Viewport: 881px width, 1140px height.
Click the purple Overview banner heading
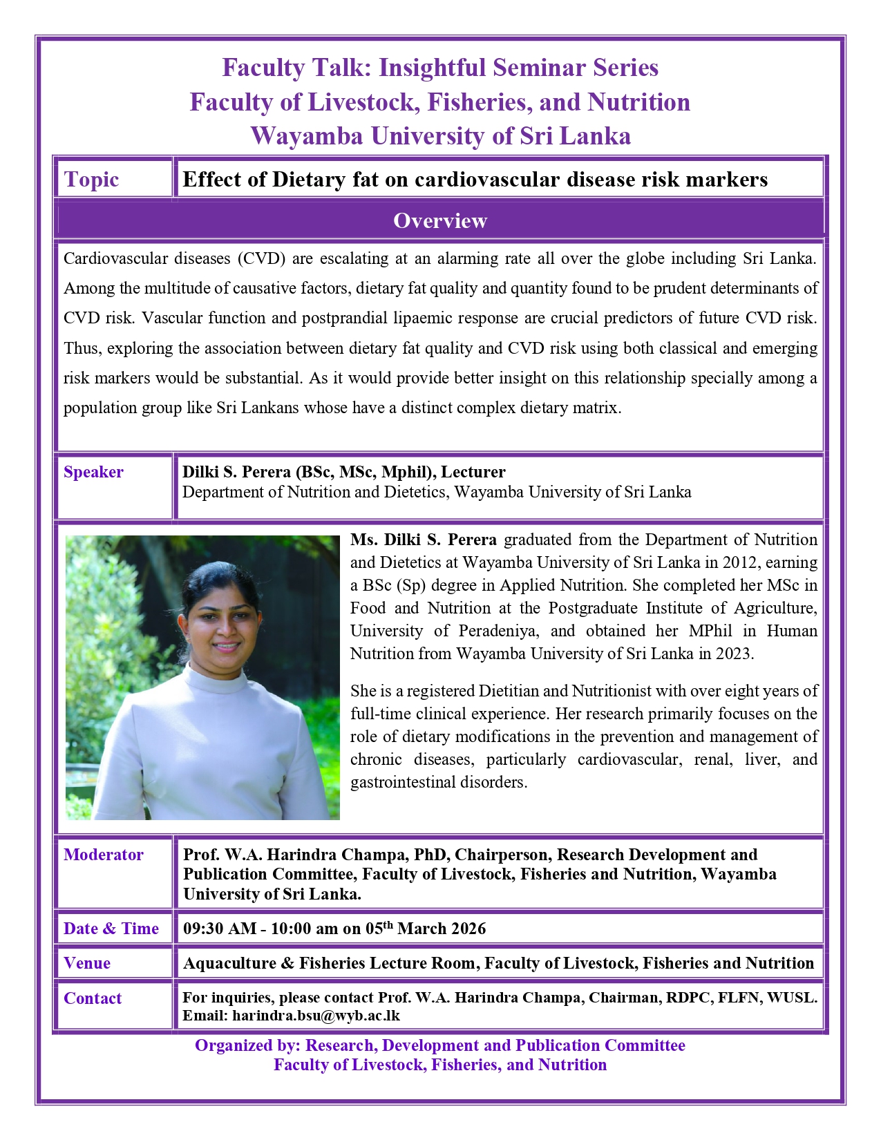pyautogui.click(x=440, y=220)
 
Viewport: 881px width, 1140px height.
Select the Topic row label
pyautogui.click(x=91, y=180)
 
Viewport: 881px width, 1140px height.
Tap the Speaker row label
pyautogui.click(x=93, y=472)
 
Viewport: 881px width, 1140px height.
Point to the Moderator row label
pyautogui.click(x=104, y=855)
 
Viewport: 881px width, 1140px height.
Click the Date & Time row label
pyautogui.click(x=111, y=929)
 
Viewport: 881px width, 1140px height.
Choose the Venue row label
pyautogui.click(x=87, y=963)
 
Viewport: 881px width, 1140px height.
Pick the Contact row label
pyautogui.click(x=93, y=998)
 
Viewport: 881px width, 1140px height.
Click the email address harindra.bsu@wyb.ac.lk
pyautogui.click(x=316, y=1016)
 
